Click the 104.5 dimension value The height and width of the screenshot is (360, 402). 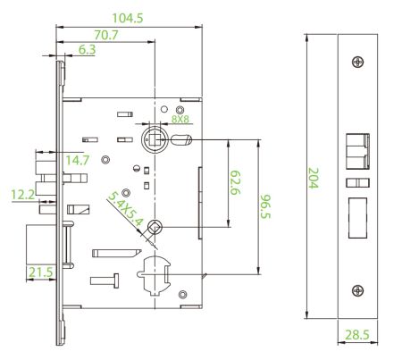128,18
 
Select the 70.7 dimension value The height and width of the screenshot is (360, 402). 106,35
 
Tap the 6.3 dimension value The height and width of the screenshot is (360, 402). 87,50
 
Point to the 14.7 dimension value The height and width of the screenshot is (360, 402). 77,160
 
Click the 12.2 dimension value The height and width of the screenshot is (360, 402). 23,195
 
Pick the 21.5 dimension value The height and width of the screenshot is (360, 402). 40,272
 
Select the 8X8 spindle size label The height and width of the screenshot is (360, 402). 180,119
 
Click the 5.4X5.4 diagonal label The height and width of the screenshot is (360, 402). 125,208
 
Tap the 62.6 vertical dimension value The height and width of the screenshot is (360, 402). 235,182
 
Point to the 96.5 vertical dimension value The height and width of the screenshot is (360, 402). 264,206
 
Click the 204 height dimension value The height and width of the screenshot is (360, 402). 314,178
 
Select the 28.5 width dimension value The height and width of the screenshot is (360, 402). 357,335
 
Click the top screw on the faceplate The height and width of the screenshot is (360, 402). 357,62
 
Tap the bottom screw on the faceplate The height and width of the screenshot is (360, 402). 357,290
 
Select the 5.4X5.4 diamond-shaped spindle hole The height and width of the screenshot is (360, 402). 155,228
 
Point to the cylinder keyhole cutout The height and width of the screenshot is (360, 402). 154,275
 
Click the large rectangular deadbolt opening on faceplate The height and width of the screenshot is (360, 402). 357,218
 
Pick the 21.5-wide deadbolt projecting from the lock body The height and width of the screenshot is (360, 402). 41,244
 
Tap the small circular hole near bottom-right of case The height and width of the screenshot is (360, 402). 182,295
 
